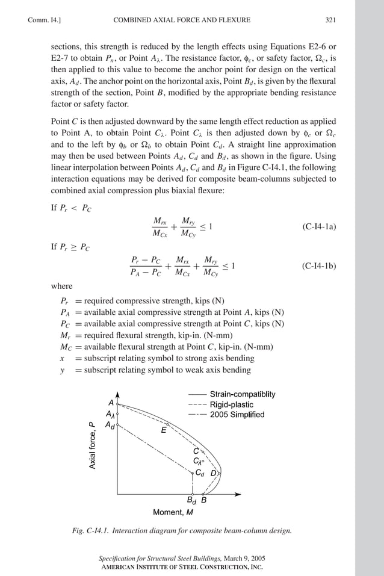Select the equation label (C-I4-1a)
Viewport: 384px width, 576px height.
[319, 227]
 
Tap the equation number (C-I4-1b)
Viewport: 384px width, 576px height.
[319, 265]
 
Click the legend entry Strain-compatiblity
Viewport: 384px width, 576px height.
[243, 394]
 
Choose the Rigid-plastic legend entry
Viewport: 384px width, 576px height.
[231, 404]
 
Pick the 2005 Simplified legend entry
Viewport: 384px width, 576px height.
[237, 415]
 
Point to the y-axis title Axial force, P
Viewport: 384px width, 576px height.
[92, 446]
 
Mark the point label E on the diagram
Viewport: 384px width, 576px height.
[163, 430]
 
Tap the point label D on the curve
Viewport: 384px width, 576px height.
[212, 474]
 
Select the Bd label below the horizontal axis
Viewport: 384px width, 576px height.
[191, 500]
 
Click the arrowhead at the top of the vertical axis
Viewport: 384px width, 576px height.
[117, 392]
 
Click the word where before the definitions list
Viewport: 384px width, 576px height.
[61, 286]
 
